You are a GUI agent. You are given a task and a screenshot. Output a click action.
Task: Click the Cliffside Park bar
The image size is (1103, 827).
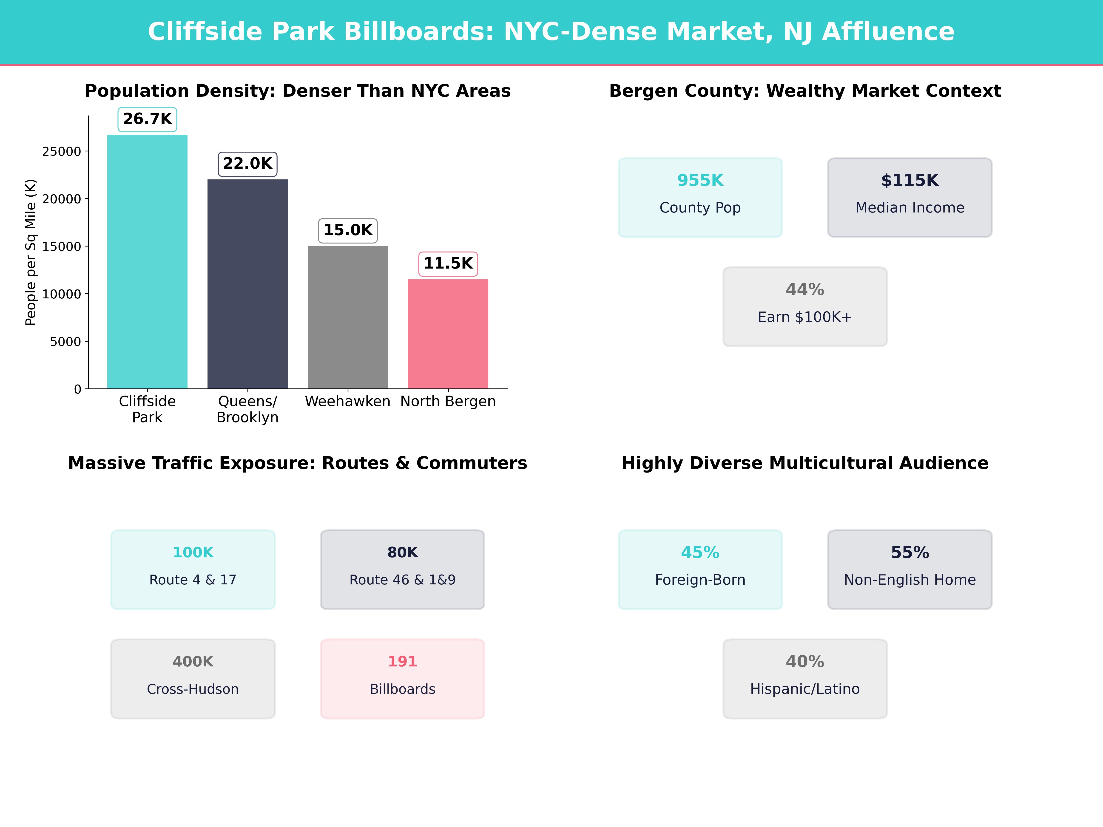(147, 262)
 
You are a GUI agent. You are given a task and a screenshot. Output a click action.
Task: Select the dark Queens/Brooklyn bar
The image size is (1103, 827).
(247, 284)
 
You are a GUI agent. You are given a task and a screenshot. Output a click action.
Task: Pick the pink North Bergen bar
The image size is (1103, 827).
(448, 334)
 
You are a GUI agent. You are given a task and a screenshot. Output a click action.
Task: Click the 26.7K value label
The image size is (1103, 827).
(147, 119)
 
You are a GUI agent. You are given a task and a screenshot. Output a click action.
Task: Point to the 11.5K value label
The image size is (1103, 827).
(448, 264)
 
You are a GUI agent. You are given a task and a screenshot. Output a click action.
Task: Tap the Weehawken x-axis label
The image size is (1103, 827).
(347, 401)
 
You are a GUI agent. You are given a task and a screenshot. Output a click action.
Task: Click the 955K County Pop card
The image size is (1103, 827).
(700, 197)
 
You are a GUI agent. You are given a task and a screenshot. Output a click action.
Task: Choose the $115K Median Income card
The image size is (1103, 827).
(910, 197)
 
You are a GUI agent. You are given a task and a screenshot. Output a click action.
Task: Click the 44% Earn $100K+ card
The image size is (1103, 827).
(805, 307)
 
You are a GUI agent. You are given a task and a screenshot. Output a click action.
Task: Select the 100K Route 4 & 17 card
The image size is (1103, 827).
(193, 569)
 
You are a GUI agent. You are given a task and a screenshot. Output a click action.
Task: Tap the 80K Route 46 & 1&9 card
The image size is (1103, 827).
(402, 569)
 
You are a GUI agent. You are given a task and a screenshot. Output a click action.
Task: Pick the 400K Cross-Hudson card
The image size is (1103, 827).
(193, 678)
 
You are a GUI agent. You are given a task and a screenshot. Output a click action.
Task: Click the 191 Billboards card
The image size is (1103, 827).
(402, 678)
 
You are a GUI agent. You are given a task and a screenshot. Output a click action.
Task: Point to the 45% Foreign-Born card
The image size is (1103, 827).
(700, 569)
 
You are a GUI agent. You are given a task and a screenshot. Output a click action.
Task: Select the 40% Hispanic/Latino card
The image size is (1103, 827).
(805, 678)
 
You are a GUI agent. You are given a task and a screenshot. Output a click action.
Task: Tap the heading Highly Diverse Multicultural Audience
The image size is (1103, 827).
(805, 463)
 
